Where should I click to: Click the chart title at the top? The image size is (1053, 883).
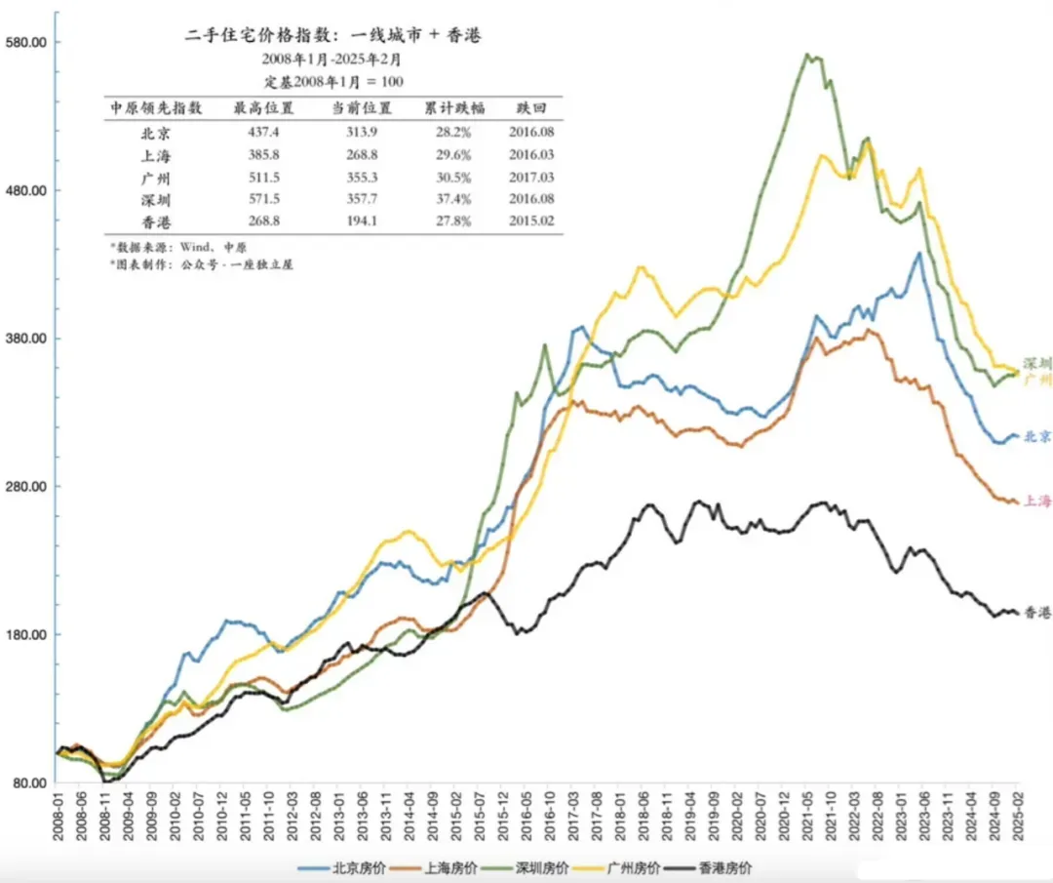(333, 36)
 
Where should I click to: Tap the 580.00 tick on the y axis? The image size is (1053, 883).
(28, 42)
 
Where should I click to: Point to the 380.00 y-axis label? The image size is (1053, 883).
(28, 339)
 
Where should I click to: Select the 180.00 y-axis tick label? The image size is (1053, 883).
(28, 635)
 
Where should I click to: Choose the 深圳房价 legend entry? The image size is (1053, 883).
(539, 867)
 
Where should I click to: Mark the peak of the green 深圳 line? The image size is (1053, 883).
(808, 55)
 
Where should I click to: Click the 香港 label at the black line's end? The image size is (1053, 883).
(1037, 613)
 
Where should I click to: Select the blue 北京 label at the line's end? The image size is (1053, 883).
(1037, 436)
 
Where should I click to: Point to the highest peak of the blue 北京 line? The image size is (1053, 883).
(918, 254)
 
